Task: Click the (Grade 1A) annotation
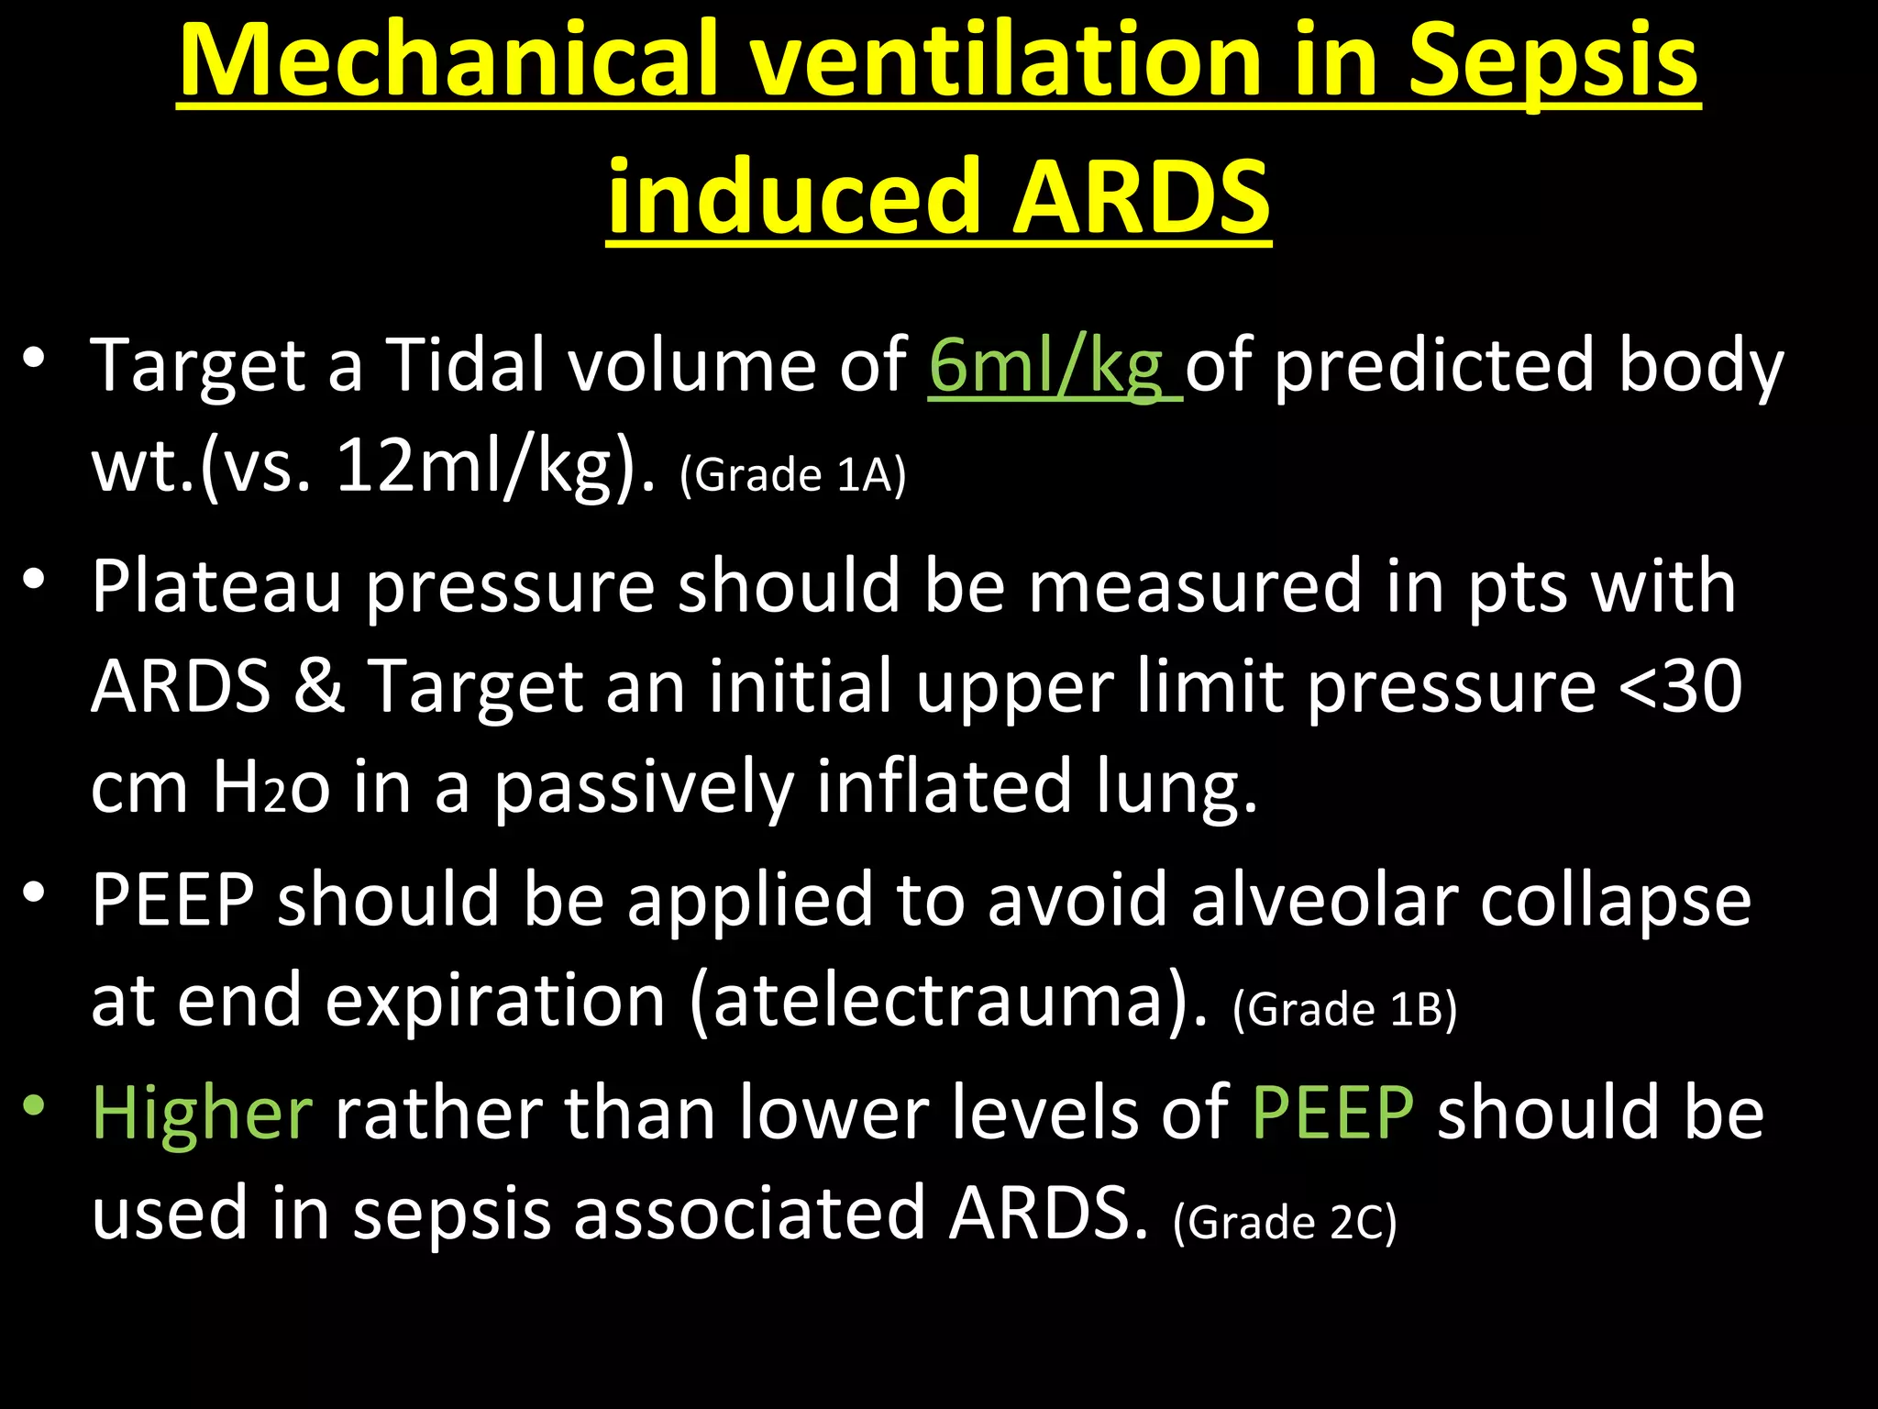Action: [793, 475]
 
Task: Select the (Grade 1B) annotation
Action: [1345, 1009]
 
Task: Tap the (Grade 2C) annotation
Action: [1285, 1223]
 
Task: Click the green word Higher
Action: [203, 1114]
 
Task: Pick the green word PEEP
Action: [1332, 1112]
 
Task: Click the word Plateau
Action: [216, 586]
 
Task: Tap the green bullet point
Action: [35, 1104]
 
